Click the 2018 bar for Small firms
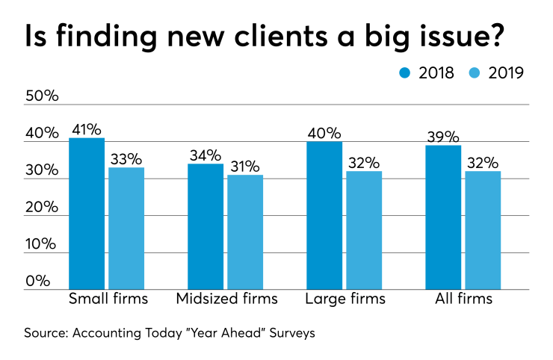click(x=87, y=214)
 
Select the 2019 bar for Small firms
click(x=126, y=229)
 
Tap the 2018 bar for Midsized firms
click(x=206, y=226)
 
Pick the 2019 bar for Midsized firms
click(x=245, y=232)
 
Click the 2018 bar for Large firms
click(x=324, y=215)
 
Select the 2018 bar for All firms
click(x=443, y=217)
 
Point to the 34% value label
click(x=206, y=155)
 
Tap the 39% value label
click(x=443, y=136)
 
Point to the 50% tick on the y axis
click(x=43, y=97)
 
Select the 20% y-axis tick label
click(x=43, y=207)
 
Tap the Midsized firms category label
click(x=226, y=300)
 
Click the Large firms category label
click(x=345, y=300)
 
